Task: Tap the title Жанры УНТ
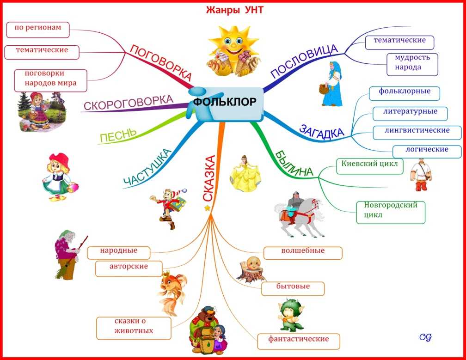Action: [234, 10]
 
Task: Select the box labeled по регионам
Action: [38, 30]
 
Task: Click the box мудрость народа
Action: [412, 64]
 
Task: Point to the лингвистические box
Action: [417, 133]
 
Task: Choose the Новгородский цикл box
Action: [391, 213]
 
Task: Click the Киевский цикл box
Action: [369, 166]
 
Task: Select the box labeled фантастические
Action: [298, 342]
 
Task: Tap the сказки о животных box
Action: [134, 328]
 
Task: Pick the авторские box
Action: [129, 268]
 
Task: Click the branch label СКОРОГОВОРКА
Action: [129, 103]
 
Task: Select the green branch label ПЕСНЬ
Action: [118, 136]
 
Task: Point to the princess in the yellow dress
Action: [245, 174]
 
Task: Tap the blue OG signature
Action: [425, 337]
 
